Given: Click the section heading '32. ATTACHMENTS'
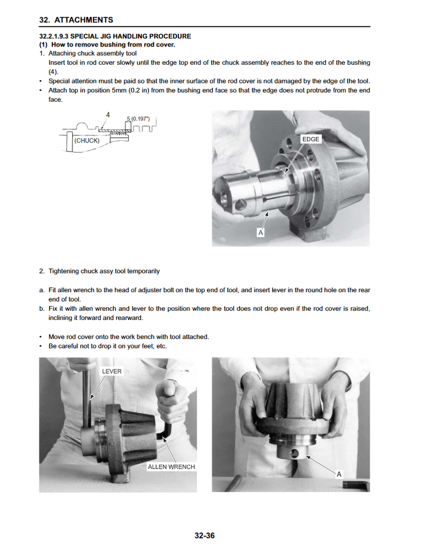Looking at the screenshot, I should [76, 20].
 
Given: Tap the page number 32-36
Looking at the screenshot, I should [205, 536].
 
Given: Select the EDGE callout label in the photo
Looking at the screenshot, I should [310, 139].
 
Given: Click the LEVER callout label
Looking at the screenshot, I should [112, 371].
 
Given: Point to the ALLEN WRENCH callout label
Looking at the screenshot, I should [171, 467].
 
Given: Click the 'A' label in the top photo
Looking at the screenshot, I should [261, 233].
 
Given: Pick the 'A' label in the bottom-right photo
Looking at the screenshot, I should [339, 474].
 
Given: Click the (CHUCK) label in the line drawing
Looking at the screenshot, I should [87, 141].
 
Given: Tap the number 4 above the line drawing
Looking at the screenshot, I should [108, 115].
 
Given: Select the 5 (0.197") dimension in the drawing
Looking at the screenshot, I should [138, 118].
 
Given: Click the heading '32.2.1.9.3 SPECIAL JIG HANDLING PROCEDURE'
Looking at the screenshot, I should [115, 36].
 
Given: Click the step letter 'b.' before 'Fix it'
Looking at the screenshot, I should [42, 309].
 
